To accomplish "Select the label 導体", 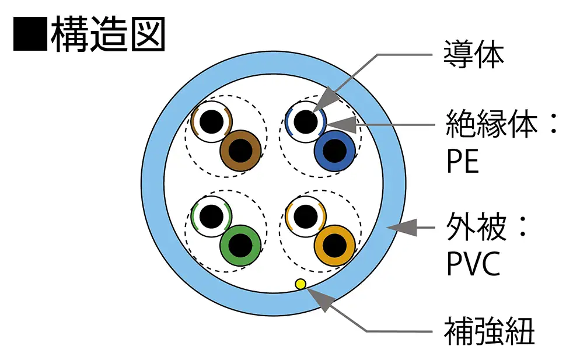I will point(473,55).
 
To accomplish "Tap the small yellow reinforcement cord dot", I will point(301,284).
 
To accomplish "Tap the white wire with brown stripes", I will point(211,122).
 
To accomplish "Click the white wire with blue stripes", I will point(305,122).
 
